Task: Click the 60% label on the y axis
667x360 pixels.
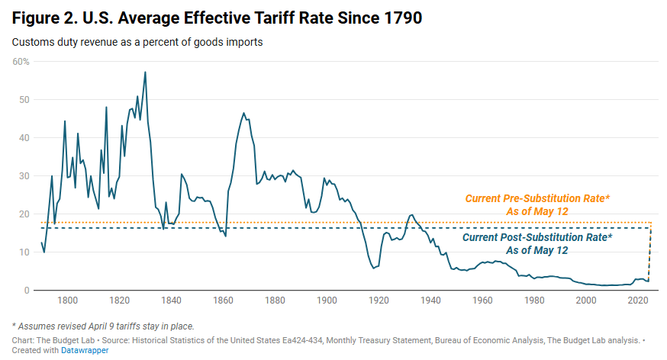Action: tap(21, 61)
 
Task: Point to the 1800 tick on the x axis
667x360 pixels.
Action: tap(67, 301)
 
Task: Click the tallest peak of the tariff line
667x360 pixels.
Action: tap(145, 72)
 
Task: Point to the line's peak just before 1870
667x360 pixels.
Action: tap(243, 113)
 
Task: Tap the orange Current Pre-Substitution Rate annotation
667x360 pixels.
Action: tap(537, 204)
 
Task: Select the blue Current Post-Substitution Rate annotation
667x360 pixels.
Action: tap(537, 243)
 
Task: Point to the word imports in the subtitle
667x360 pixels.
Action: tap(243, 42)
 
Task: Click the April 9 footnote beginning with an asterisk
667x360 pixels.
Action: tap(102, 326)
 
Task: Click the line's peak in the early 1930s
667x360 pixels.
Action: tap(412, 215)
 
